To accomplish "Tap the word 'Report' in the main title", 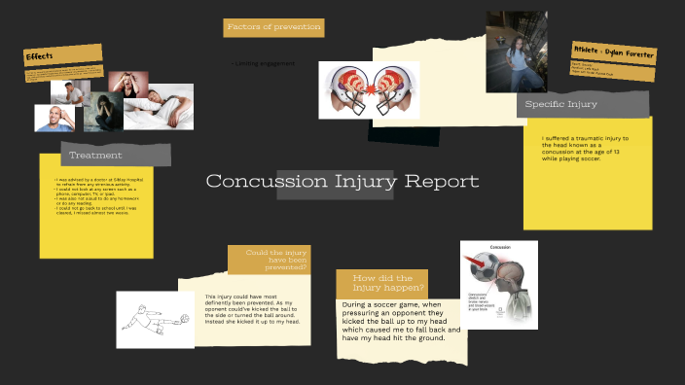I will [442, 182].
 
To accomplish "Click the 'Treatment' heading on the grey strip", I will [95, 155].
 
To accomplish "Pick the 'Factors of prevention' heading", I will [273, 27].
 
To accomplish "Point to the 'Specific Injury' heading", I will [561, 104].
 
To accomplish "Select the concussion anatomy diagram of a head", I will [498, 283].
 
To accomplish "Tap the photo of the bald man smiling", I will [54, 118].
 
